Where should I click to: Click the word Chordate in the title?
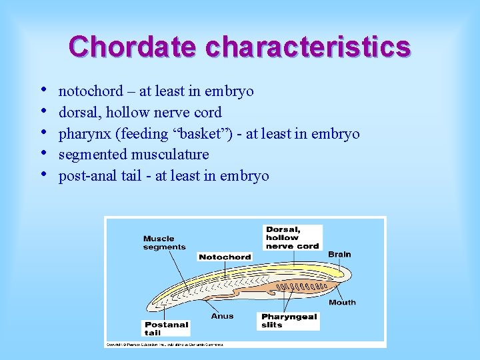132,47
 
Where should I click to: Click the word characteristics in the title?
308,47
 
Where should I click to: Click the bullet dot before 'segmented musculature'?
43,153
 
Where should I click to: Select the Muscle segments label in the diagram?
164,243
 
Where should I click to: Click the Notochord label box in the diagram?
225,257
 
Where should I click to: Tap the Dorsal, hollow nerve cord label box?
293,237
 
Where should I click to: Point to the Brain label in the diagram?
339,254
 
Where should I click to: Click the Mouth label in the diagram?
342,302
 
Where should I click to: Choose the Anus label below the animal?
222,315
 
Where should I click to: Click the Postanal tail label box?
167,329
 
